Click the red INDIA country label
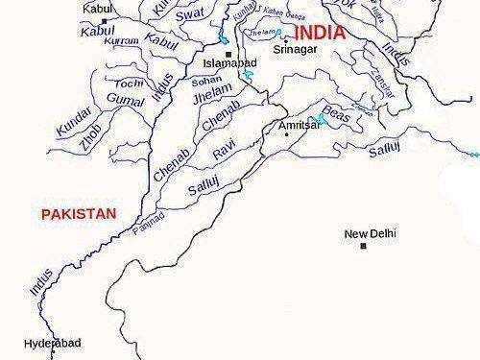321,33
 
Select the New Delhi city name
371,233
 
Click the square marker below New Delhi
364,246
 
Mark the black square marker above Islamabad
228,53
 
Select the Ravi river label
224,151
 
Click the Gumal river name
126,100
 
